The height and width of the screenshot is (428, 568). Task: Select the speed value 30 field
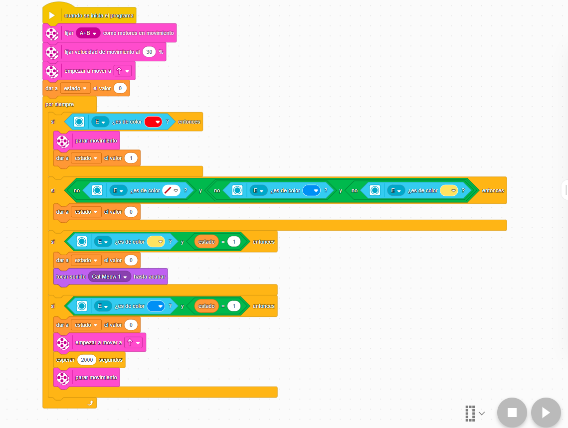coord(149,52)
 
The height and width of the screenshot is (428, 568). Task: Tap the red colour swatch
coord(153,122)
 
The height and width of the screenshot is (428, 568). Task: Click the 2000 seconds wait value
coord(87,360)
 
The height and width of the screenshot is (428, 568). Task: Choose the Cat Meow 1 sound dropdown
coord(109,277)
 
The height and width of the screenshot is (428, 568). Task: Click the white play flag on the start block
coord(52,15)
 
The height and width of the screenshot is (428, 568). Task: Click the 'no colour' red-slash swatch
coord(172,190)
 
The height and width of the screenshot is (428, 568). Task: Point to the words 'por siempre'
coord(60,104)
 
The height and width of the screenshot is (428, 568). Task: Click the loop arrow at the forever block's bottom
coord(91,403)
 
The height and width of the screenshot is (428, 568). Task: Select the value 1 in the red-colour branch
coord(131,158)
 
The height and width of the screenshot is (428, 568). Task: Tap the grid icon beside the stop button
coord(470,413)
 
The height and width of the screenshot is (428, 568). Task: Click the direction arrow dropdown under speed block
coord(123,71)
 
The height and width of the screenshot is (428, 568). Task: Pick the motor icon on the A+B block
coord(52,33)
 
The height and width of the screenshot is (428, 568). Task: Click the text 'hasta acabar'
coord(149,277)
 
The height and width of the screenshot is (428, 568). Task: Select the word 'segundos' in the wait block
coord(111,360)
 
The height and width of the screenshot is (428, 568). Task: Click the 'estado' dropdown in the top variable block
coord(75,88)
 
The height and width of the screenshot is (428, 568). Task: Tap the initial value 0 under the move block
coord(120,88)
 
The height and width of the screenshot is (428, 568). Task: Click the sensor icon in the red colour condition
coord(79,122)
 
